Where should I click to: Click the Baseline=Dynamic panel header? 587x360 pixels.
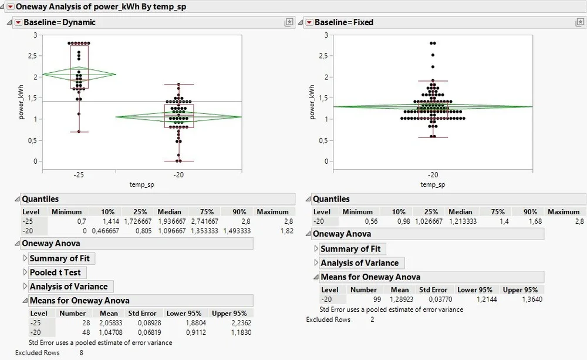[59, 22]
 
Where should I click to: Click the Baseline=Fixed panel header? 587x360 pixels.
[344, 22]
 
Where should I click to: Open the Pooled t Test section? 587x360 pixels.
[55, 272]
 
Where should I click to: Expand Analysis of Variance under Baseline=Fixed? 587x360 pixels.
[359, 263]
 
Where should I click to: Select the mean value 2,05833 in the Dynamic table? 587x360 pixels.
[109, 323]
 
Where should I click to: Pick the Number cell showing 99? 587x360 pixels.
[370, 300]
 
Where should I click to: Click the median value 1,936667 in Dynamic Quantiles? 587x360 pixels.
[170, 221]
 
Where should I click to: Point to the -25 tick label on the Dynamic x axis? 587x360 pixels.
[79, 174]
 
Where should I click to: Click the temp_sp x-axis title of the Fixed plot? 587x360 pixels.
[433, 184]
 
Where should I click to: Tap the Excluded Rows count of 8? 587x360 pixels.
[82, 352]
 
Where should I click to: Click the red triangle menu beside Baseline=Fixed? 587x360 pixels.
[309, 22]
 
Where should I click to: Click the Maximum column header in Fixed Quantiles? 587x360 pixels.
[563, 212]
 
